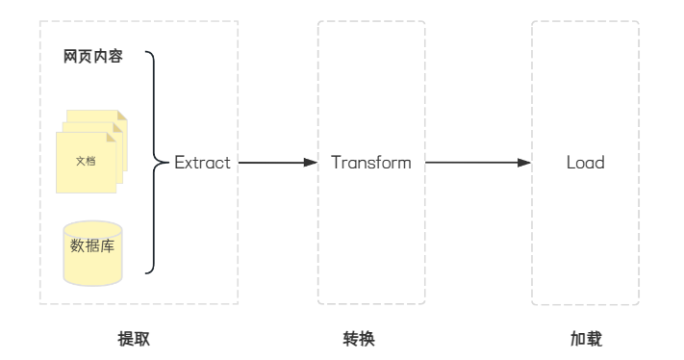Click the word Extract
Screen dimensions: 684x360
pos(202,163)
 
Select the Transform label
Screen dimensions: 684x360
pos(371,163)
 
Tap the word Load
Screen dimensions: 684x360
pos(586,163)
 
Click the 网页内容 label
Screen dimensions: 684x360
pos(93,56)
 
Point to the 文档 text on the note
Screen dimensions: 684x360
pos(86,161)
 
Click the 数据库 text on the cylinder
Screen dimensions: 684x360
pos(92,246)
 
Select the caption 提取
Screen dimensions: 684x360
pos(134,339)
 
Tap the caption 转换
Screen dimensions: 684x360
pos(359,339)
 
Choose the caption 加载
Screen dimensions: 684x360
pos(586,339)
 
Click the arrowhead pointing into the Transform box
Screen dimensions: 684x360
pos(311,163)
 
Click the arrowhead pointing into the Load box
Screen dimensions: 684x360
pos(524,163)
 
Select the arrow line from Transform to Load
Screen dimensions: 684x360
pos(478,163)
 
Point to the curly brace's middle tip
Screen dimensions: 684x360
pos(167,163)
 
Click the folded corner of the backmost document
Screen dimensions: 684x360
pos(122,116)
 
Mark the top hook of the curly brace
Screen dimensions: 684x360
pos(149,53)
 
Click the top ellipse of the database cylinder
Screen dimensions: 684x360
pos(92,229)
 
